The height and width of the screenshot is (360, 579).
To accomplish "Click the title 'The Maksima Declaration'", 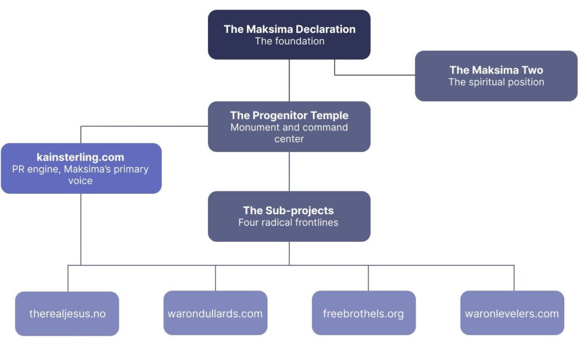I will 289,29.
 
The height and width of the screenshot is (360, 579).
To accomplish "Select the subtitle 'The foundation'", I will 289,41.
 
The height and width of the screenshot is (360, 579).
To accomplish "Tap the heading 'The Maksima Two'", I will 496,70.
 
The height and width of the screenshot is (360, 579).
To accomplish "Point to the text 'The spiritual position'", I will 496,83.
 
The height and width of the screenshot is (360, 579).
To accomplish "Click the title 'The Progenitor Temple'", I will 289,115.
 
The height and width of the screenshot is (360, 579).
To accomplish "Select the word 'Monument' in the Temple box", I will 252,127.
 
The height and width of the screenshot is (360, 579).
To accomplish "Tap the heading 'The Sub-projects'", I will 289,210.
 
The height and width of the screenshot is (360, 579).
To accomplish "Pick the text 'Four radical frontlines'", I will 289,223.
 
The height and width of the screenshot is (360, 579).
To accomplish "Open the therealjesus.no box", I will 67,314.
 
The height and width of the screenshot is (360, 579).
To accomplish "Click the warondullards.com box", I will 215,314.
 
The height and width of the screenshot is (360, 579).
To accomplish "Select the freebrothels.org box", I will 364,314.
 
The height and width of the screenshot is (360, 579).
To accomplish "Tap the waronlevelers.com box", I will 512,314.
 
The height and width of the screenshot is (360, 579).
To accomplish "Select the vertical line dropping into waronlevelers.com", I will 514,278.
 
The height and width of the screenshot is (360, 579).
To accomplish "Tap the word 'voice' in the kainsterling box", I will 80,181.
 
